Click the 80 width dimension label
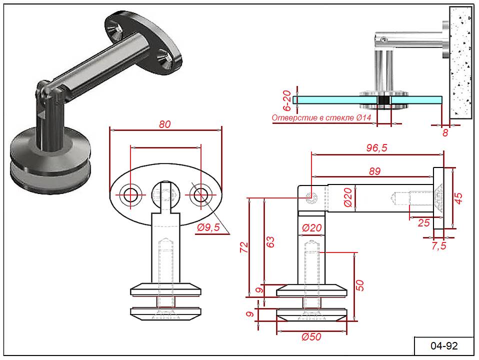165,124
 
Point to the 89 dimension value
375,171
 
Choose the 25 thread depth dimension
423,223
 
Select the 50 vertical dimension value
360,285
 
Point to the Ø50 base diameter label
311,337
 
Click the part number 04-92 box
444,346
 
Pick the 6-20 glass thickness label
287,100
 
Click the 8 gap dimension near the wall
445,133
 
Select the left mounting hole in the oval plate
130,194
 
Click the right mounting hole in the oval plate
200,194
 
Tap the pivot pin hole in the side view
311,197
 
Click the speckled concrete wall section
460,62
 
